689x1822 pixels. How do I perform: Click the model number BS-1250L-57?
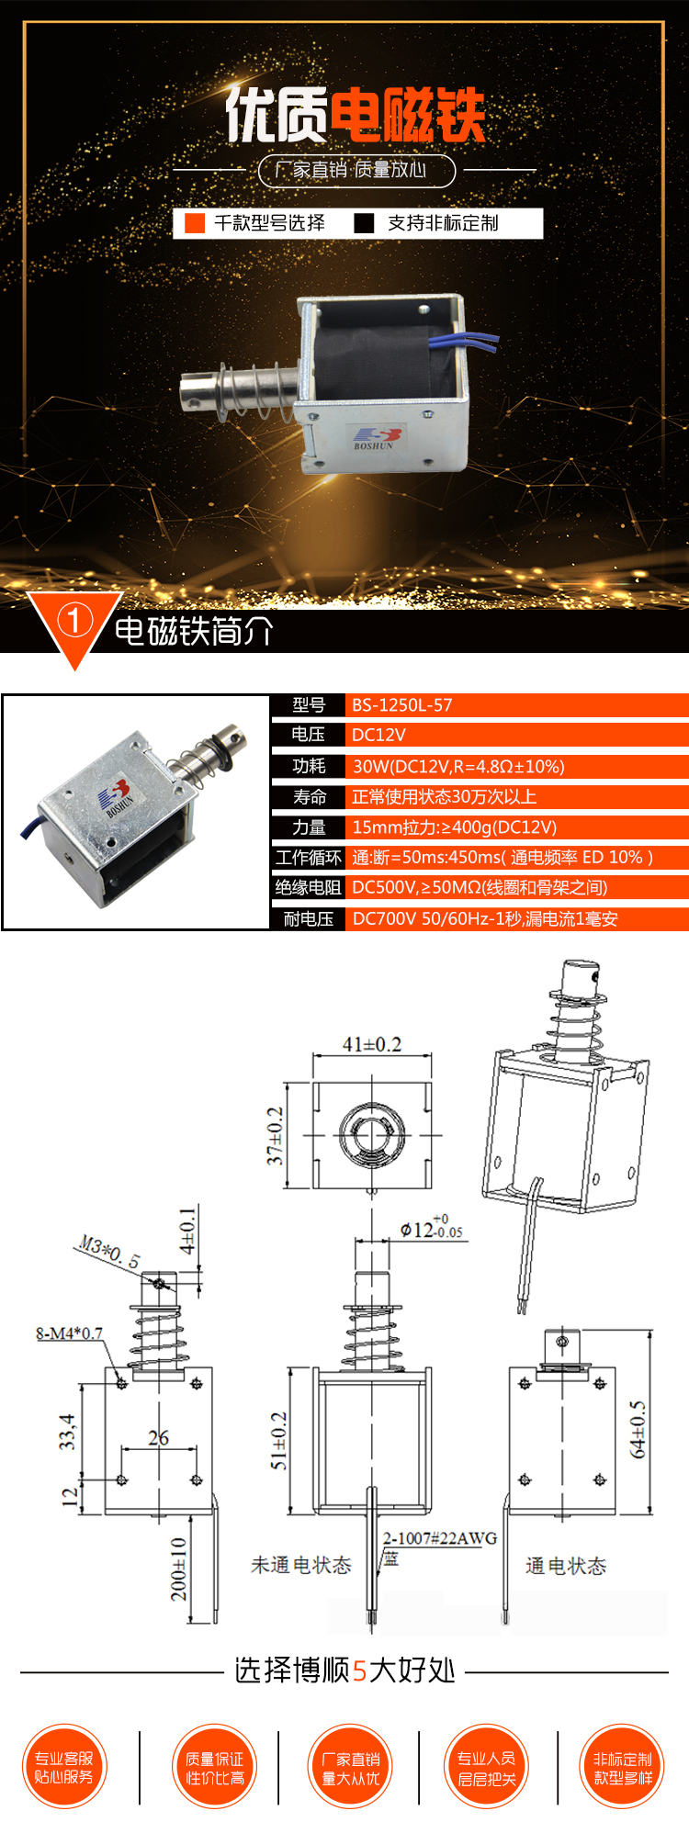coord(402,705)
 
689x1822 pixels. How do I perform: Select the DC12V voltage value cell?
coord(378,735)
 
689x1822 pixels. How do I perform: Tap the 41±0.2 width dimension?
coord(372,1044)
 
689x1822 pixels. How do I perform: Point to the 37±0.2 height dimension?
coord(275,1136)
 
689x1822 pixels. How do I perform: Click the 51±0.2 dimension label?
coord(278,1440)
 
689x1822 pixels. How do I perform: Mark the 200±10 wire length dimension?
coord(178,1569)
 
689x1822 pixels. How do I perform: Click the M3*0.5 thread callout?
coord(108,1252)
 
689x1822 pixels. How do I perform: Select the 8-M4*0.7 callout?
coord(69,1333)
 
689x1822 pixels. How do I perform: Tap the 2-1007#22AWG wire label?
coord(440,1538)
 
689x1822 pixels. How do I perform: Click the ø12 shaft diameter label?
coord(430,1230)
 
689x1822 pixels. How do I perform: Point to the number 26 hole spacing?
coord(158,1437)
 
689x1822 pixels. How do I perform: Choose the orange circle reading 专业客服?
coord(64,1767)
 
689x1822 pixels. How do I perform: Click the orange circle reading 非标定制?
coord(623,1767)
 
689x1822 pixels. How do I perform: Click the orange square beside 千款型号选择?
coord(195,223)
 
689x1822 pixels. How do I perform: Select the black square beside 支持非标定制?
coord(365,223)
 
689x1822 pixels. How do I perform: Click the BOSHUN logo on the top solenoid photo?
coord(375,437)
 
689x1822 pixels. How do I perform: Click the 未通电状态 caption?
coord(301,1565)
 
